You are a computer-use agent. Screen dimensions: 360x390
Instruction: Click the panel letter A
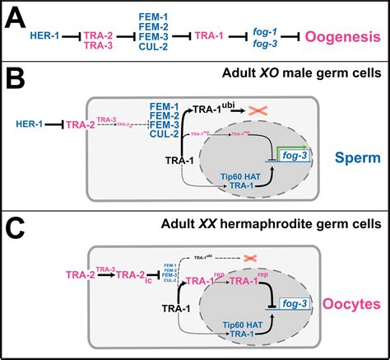tap(17, 17)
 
